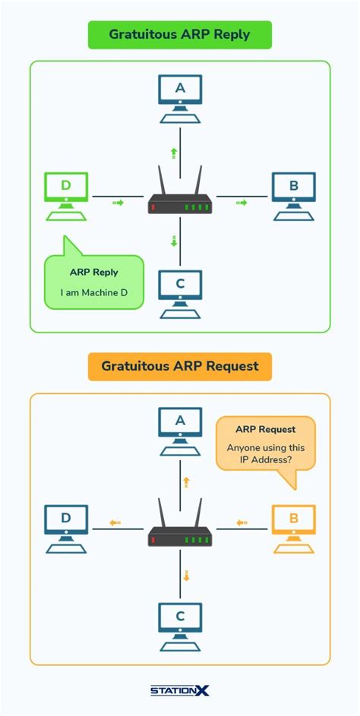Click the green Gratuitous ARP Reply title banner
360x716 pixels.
click(179, 34)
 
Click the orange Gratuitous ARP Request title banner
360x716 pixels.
click(179, 366)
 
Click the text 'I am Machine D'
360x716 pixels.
click(94, 292)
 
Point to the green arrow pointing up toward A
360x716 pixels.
click(174, 153)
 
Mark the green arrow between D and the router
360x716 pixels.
click(117, 203)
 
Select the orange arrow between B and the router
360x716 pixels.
click(242, 522)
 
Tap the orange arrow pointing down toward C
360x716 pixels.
click(185, 575)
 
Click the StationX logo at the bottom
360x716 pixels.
click(179, 690)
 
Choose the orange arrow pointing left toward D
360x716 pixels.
click(115, 522)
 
